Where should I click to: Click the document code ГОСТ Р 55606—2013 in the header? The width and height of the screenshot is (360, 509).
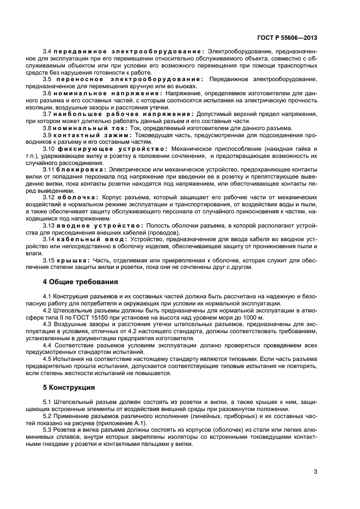(288, 38)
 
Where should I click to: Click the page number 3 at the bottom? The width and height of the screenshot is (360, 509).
(315, 472)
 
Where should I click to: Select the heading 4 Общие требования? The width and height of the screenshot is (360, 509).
(80, 282)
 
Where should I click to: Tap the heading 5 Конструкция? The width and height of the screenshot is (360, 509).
(70, 388)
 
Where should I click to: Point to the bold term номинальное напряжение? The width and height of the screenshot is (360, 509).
(109, 93)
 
